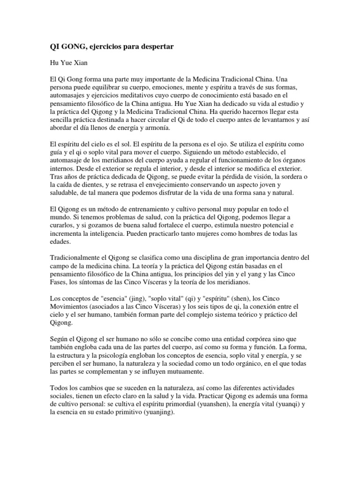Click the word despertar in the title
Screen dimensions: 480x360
coord(151,46)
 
